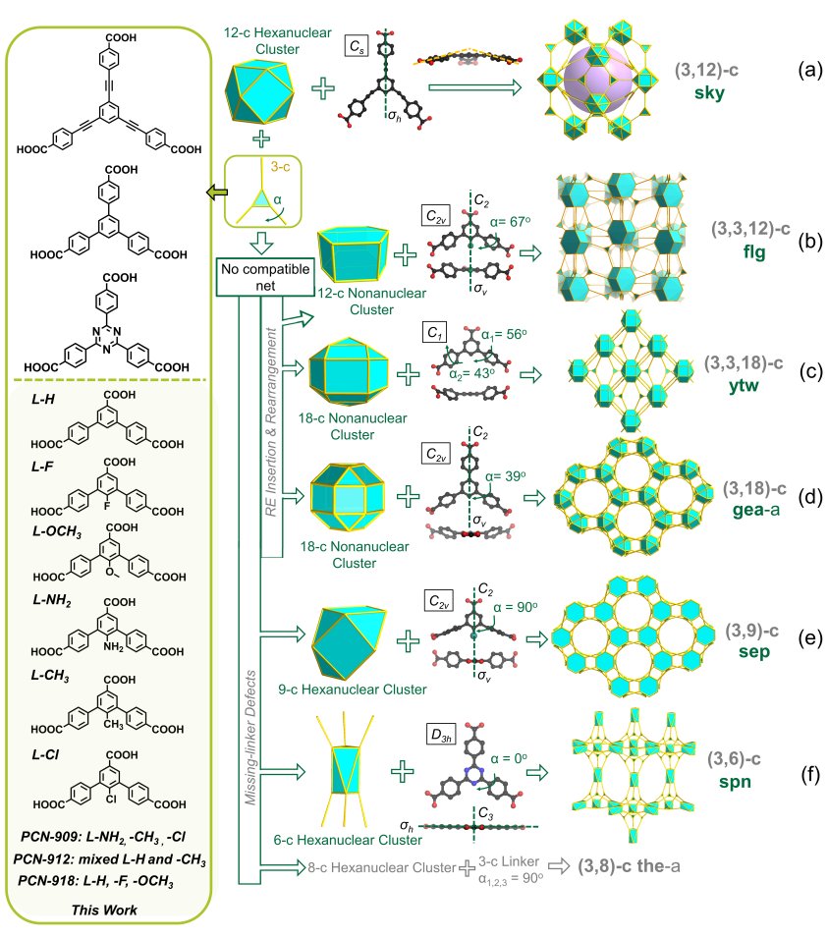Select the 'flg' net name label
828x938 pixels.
[x=753, y=251]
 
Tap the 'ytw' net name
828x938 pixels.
[x=744, y=385]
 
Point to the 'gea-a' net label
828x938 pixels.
[x=755, y=510]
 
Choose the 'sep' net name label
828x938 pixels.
[x=753, y=651]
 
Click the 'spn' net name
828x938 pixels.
[x=735, y=781]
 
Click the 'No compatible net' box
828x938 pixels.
[x=265, y=277]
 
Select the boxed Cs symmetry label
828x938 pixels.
[x=357, y=47]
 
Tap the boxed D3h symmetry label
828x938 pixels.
[x=442, y=734]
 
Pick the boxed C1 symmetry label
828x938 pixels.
[x=434, y=332]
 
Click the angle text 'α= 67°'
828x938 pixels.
[x=511, y=222]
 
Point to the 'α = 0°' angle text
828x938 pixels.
[x=509, y=758]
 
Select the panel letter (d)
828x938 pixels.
[x=810, y=497]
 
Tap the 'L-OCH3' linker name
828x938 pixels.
[x=57, y=531]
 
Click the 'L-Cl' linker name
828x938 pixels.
[x=45, y=755]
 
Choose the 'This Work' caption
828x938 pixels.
[x=104, y=910]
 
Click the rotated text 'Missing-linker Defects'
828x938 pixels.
[x=250, y=738]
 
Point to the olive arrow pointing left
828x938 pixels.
[x=217, y=193]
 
